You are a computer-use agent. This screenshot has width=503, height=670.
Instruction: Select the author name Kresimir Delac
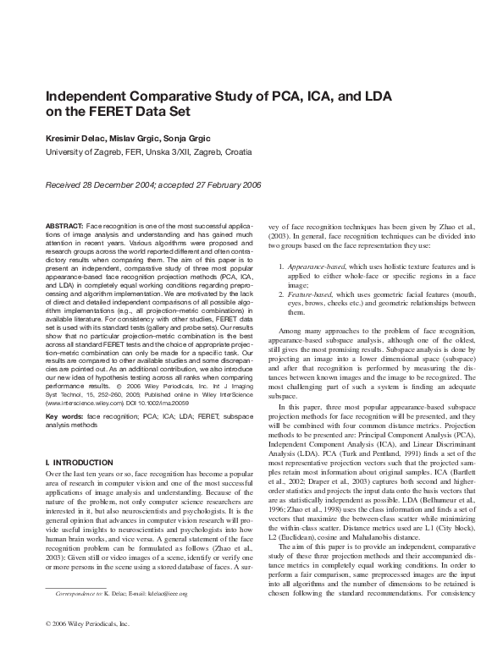coord(74,137)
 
